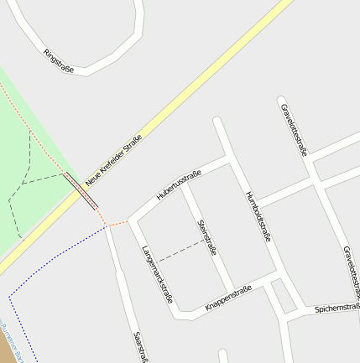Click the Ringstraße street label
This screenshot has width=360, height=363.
point(59,62)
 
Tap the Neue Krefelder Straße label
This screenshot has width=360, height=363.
point(113,160)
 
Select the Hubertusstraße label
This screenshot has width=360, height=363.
point(179,185)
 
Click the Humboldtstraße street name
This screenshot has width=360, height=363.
point(258,216)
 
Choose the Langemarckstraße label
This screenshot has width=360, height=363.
point(157,273)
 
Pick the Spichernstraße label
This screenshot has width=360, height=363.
point(337,309)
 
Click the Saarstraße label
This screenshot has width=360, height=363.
point(139,345)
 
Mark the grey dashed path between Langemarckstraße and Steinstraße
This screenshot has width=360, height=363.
point(181,251)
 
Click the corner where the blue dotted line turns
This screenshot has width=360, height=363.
point(9,296)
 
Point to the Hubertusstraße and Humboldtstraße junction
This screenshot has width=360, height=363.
point(231,157)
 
